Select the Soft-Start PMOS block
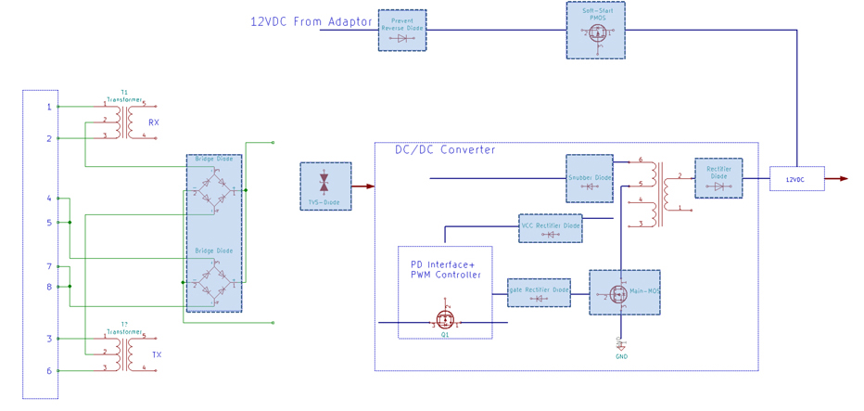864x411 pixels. (595, 30)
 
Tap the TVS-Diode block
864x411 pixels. (325, 186)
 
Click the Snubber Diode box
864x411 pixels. (590, 178)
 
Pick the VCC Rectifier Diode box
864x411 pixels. (551, 228)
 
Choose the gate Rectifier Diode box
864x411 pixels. (539, 292)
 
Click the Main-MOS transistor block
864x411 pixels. (625, 292)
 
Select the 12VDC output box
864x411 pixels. (796, 179)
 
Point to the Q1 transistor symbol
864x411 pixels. (445, 321)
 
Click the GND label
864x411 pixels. (621, 356)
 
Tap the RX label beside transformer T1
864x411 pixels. (154, 122)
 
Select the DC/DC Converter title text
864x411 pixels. (445, 149)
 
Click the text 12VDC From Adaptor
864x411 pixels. (311, 21)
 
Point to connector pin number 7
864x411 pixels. (49, 266)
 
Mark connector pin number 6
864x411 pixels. (49, 371)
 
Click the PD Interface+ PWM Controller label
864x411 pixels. (446, 269)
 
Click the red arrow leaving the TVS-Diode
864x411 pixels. (363, 186)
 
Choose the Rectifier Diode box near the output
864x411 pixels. (718, 178)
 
